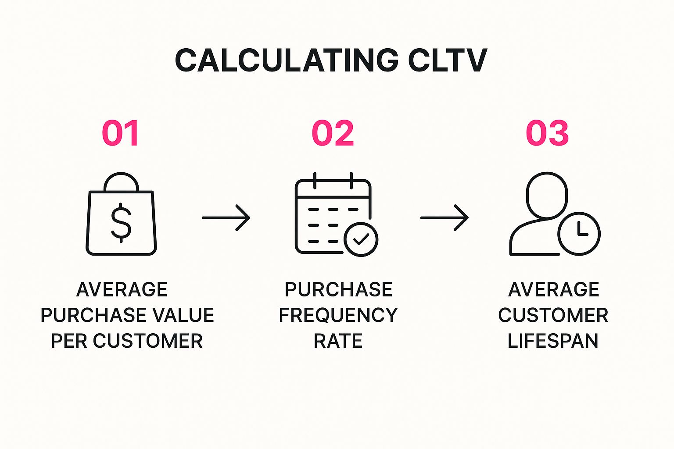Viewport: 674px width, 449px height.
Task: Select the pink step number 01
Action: [x=120, y=133]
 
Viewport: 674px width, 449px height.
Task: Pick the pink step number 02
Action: [x=333, y=133]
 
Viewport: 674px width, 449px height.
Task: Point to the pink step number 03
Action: [x=547, y=133]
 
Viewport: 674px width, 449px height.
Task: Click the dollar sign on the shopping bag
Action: [x=121, y=223]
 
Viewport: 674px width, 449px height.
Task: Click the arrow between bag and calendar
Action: [x=226, y=218]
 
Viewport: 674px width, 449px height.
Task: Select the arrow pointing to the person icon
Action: [x=445, y=218]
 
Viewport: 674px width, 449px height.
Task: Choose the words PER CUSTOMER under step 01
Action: [x=127, y=341]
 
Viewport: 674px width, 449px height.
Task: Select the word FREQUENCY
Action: [x=338, y=315]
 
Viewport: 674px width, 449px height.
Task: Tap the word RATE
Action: [x=338, y=341]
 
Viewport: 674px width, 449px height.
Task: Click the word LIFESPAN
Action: [x=553, y=341]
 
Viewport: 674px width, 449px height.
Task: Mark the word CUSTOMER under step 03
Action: [x=553, y=315]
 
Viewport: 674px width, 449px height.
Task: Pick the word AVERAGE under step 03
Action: [x=554, y=289]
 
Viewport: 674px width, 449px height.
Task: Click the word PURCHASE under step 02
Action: [x=338, y=289]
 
